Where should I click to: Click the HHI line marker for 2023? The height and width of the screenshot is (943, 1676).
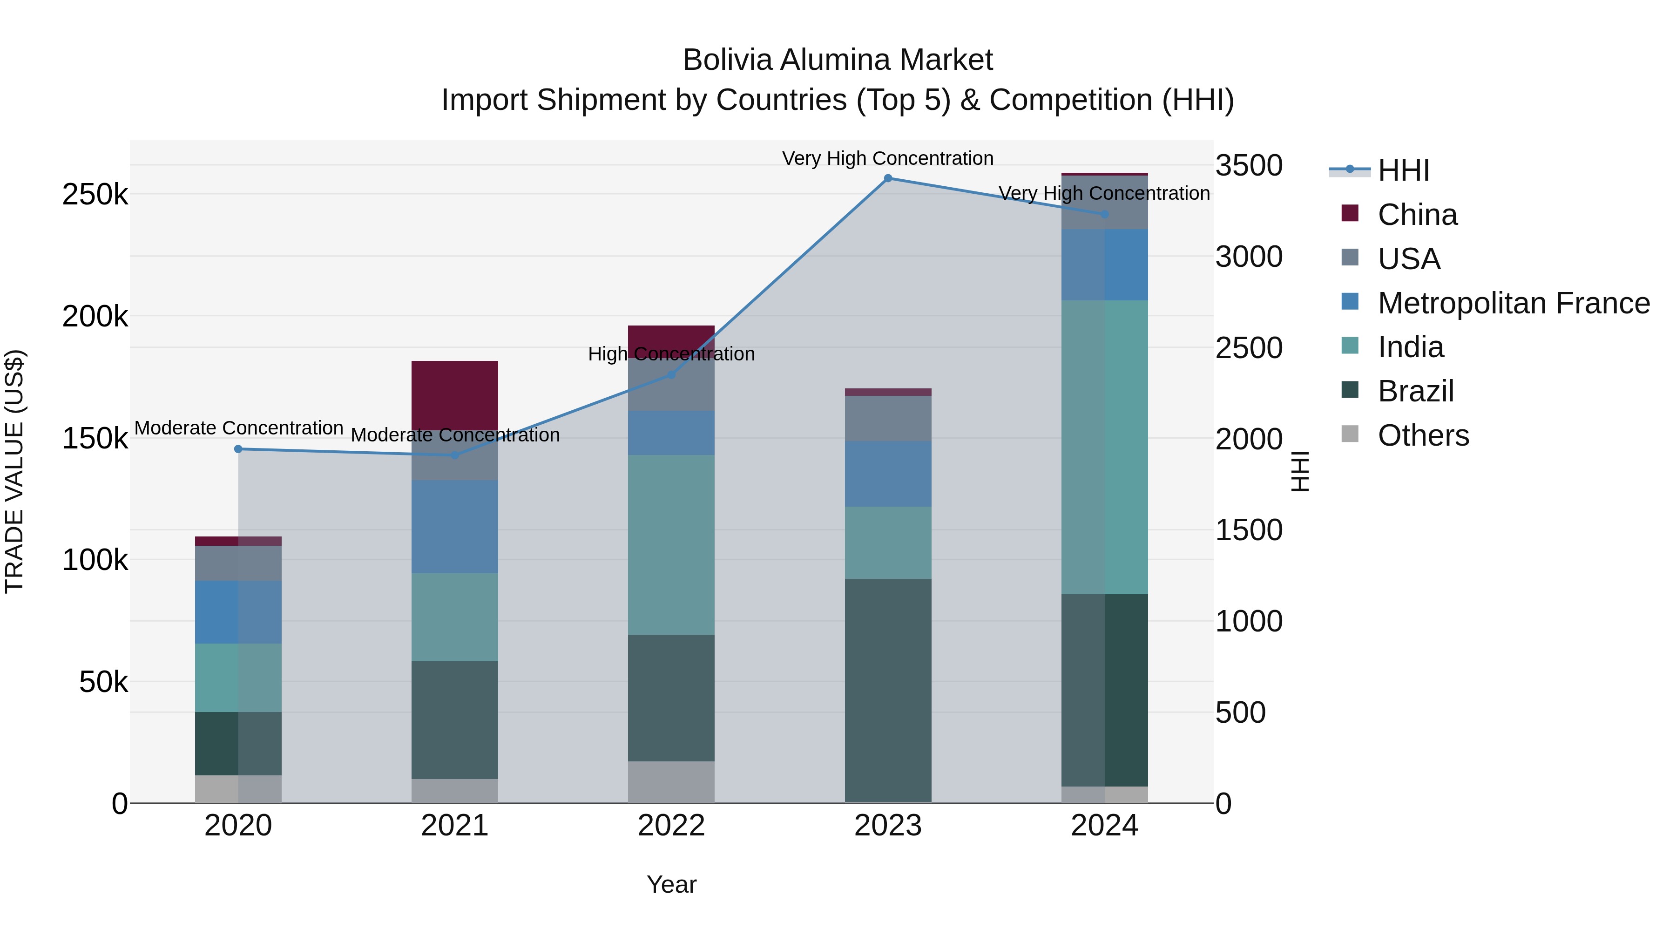(x=887, y=178)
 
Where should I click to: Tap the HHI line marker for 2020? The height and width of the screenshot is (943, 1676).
(x=238, y=449)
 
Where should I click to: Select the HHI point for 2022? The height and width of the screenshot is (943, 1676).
(x=671, y=375)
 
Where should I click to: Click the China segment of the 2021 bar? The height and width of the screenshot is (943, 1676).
(x=455, y=394)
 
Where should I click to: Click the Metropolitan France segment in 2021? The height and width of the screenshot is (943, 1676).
(x=455, y=527)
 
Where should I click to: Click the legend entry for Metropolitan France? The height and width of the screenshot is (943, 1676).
(x=1514, y=303)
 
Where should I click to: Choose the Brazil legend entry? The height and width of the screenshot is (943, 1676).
(x=1415, y=391)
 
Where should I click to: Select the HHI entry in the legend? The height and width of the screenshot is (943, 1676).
(x=1403, y=170)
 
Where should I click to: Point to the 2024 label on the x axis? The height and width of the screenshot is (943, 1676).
(x=1104, y=826)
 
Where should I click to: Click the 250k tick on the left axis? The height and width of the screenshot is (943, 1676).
(x=95, y=194)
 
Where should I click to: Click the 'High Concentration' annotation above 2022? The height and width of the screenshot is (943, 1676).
(x=671, y=354)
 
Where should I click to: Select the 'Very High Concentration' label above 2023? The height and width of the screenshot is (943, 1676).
(x=887, y=158)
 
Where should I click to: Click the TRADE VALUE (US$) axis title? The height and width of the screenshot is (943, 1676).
(x=14, y=471)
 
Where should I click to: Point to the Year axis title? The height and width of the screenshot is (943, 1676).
(x=671, y=884)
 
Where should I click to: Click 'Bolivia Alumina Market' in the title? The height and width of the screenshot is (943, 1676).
(x=838, y=60)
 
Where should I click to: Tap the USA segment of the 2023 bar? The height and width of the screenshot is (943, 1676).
(x=887, y=419)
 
